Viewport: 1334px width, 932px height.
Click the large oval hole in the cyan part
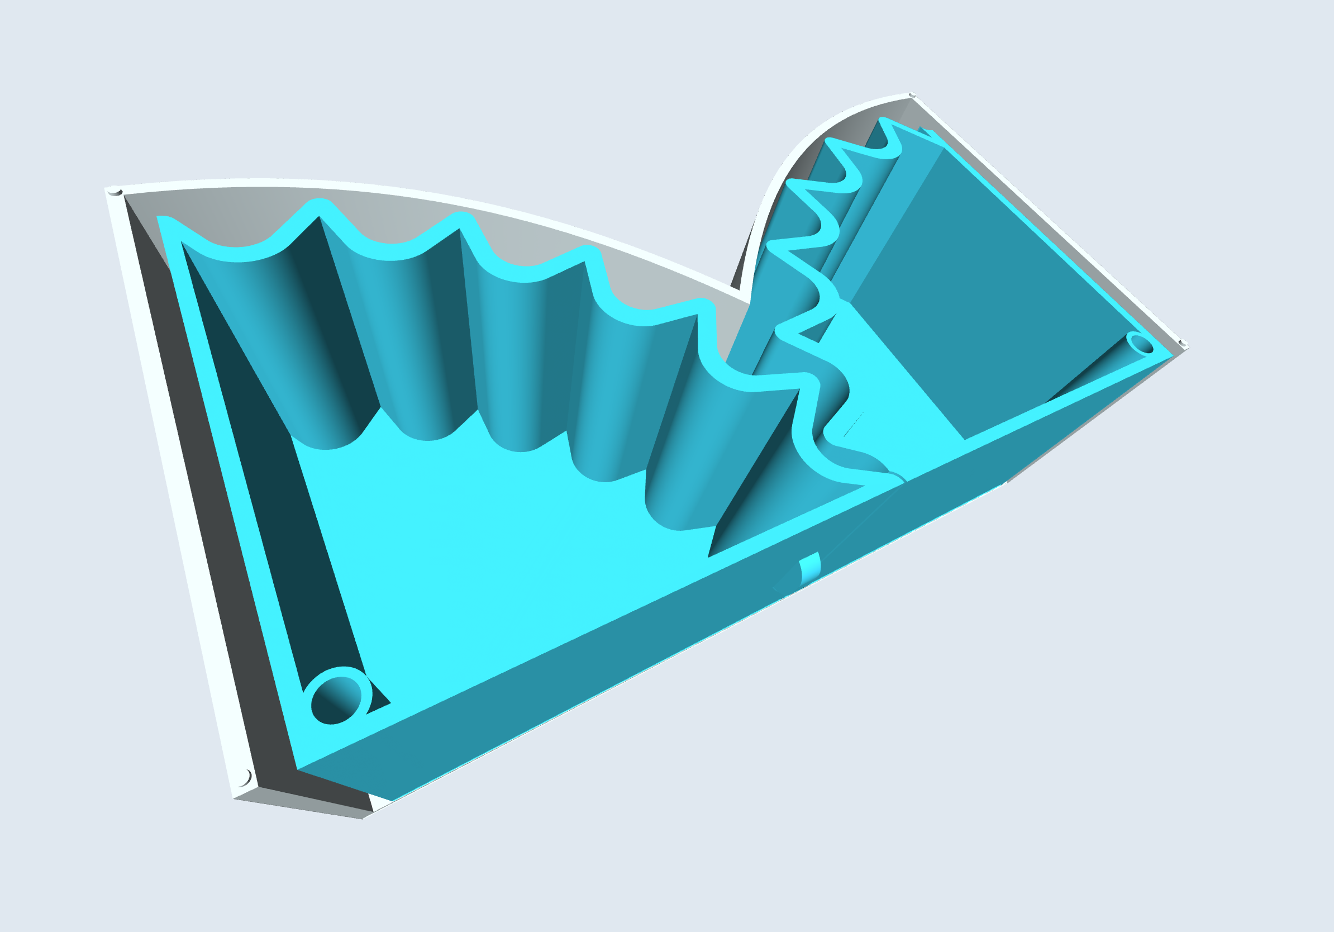[x=336, y=700]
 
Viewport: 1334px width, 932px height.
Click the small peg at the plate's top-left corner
[x=115, y=191]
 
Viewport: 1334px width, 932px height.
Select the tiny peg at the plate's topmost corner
[x=912, y=95]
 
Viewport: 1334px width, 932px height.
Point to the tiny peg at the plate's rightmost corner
[x=1183, y=343]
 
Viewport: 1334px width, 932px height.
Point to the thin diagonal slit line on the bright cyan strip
[x=853, y=425]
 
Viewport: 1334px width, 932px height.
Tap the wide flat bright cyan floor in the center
[x=494, y=552]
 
